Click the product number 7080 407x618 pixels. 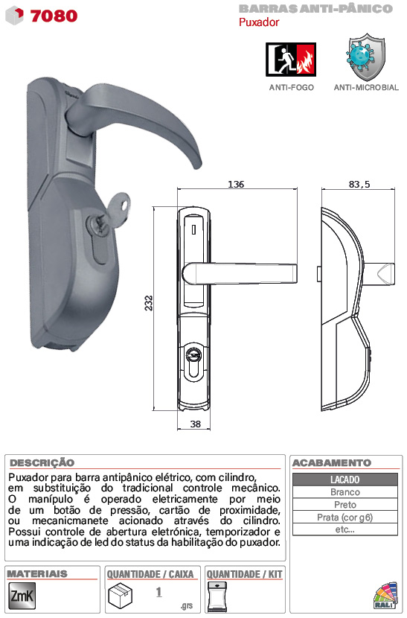coord(54,16)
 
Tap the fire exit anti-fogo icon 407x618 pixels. coord(291,60)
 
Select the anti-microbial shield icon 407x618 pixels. coord(366,57)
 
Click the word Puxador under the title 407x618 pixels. coord(259,22)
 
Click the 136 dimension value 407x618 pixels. coord(236,184)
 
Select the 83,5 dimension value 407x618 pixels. coord(359,184)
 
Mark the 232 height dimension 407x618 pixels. coord(149,303)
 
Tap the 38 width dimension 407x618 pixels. coord(196,424)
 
